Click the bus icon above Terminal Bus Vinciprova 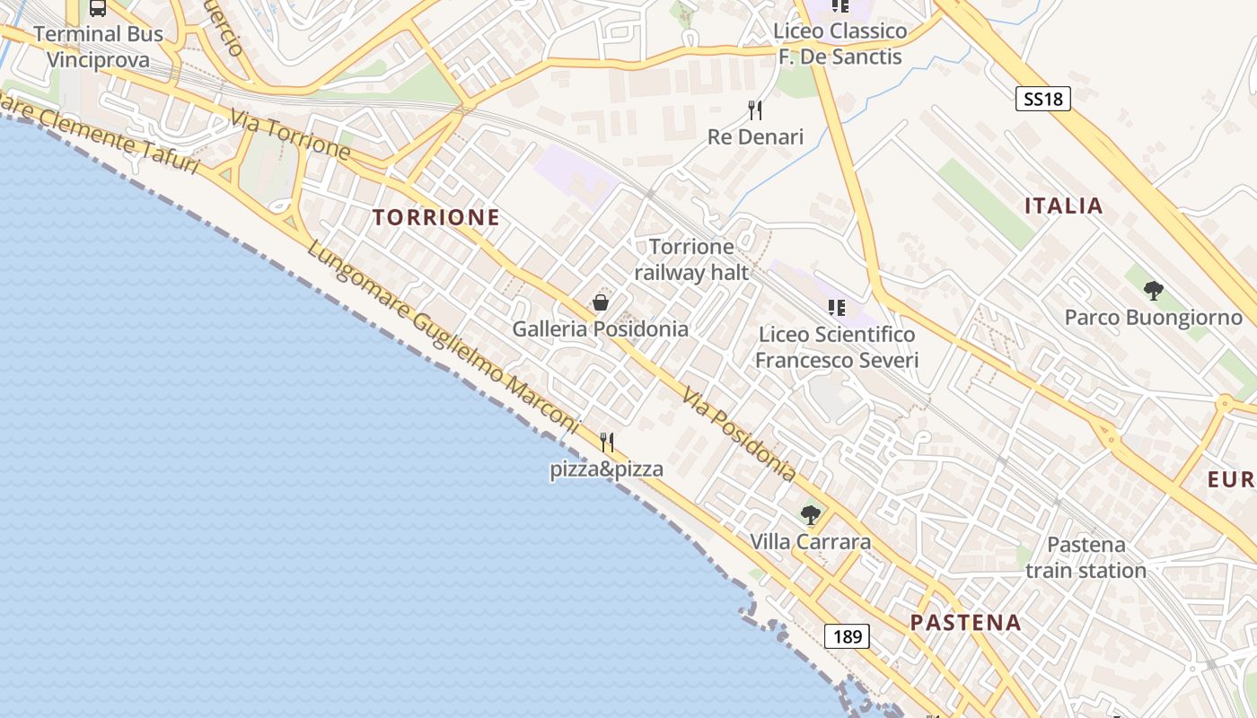98,8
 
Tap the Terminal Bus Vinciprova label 99,47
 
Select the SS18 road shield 1043,99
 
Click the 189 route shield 847,637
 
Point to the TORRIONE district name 435,217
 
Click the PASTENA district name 965,622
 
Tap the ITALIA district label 1064,206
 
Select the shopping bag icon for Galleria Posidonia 601,303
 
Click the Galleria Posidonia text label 601,329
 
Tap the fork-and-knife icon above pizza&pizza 607,442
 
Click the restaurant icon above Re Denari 755,110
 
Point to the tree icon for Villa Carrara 811,515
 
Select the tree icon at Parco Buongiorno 1154,291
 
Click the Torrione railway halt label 691,259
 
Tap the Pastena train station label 1086,557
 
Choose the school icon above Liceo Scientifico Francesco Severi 837,309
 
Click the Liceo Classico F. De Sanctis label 840,44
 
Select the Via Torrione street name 289,134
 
